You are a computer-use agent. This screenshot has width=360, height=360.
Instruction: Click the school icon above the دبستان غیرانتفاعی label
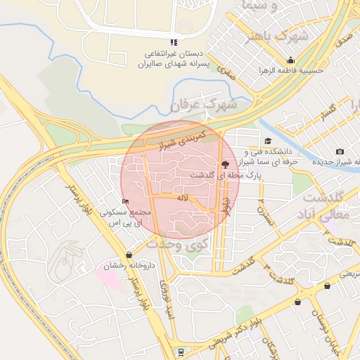click(x=174, y=42)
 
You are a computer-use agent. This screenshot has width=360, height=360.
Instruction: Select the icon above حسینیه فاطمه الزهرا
click(x=290, y=60)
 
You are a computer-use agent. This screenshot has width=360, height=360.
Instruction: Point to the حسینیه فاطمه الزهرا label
click(x=290, y=71)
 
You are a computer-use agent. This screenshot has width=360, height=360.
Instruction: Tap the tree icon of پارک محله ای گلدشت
click(x=224, y=164)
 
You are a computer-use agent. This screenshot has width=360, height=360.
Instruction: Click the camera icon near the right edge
click(x=340, y=152)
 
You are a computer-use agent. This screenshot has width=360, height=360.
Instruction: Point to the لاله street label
click(x=183, y=198)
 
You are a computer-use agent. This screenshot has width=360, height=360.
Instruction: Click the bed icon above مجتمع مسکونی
click(x=126, y=202)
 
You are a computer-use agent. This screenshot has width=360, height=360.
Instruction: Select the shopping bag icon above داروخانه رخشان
click(x=129, y=255)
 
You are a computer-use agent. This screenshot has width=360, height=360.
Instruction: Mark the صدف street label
click(x=344, y=41)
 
